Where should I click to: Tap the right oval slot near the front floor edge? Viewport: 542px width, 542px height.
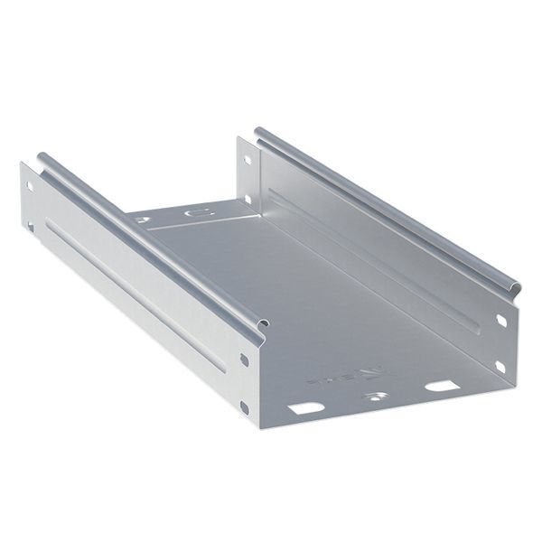click(x=441, y=386)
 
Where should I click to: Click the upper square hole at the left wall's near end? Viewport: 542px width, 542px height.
click(x=244, y=360)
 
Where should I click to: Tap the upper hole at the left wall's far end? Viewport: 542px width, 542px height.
click(x=29, y=187)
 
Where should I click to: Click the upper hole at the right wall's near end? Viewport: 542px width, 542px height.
click(x=501, y=320)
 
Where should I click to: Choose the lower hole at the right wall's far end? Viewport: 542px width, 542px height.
click(x=247, y=200)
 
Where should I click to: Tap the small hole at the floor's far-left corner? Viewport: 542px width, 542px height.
click(x=141, y=220)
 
